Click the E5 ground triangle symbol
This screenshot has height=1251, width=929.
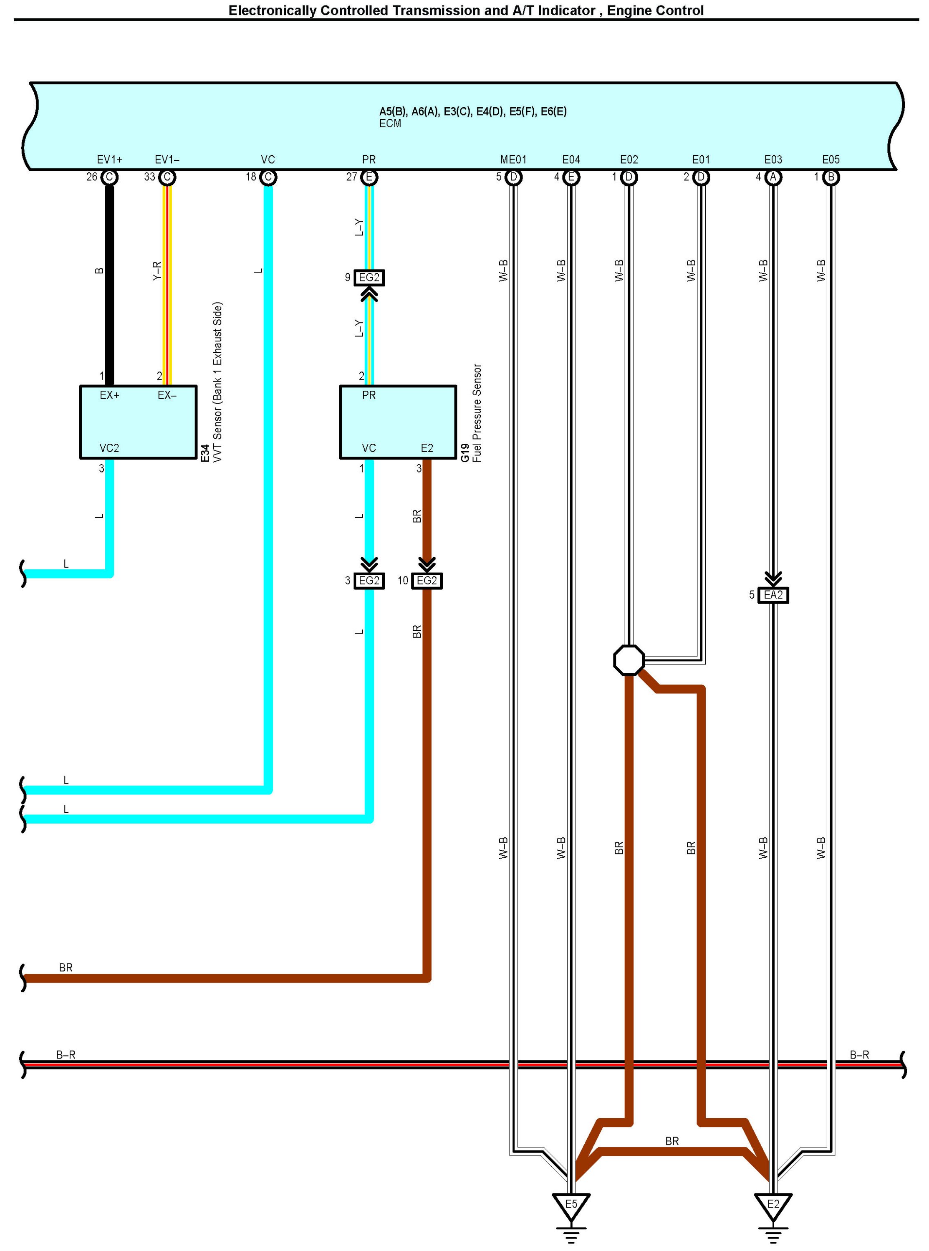[x=571, y=1204]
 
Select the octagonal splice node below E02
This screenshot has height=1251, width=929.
[x=629, y=660]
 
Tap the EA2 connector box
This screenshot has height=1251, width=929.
[x=773, y=595]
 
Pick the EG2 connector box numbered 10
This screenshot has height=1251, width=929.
[x=427, y=581]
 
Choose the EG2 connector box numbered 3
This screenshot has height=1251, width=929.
[x=369, y=581]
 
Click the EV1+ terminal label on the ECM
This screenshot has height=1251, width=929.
[x=110, y=160]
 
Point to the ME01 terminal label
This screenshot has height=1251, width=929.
[x=513, y=160]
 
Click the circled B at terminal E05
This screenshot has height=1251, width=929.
[x=831, y=177]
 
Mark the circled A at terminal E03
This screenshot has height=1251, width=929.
[x=773, y=177]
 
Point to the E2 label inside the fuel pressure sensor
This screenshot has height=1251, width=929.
[x=427, y=448]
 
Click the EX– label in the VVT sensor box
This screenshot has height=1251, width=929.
[x=167, y=395]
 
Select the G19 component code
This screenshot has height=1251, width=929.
[x=465, y=453]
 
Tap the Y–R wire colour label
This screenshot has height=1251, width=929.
[x=157, y=271]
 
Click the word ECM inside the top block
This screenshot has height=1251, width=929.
[x=390, y=124]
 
